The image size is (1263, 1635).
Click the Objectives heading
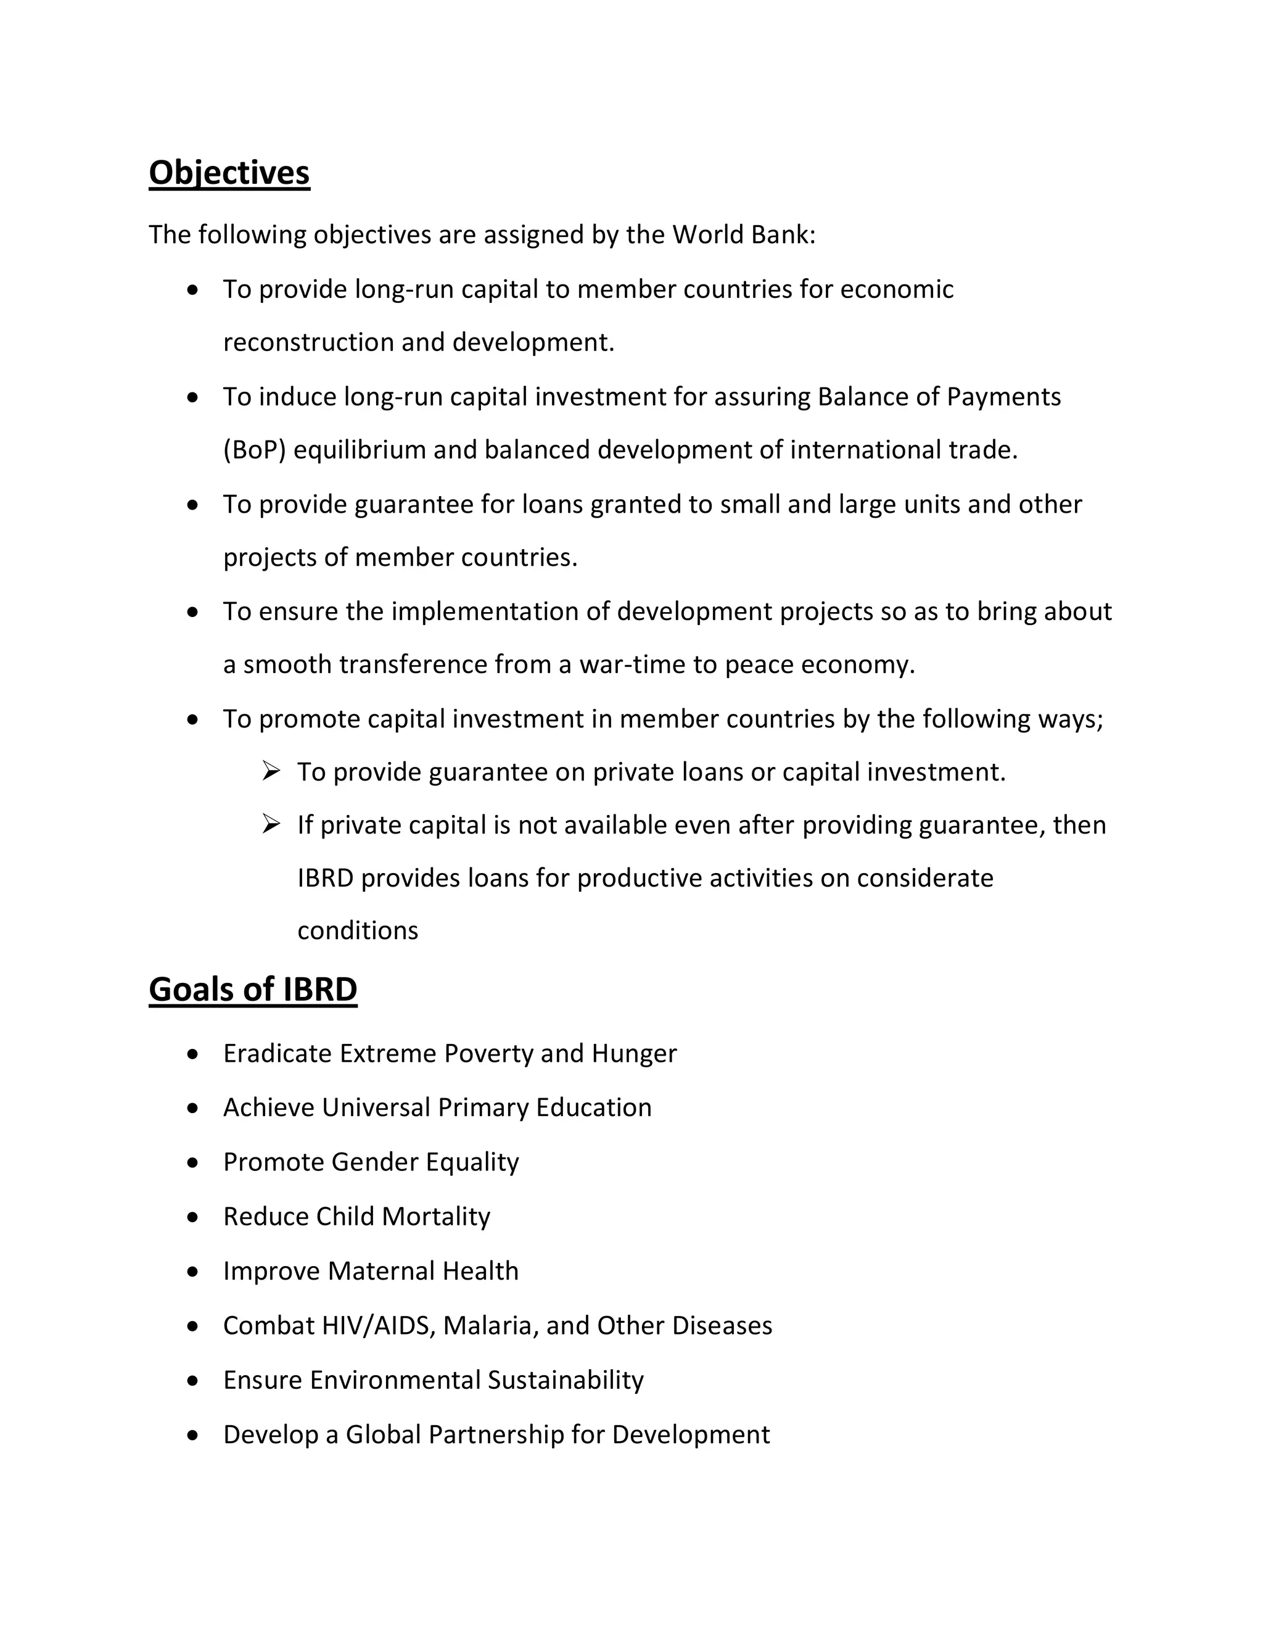229,173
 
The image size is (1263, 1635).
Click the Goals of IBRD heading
253,990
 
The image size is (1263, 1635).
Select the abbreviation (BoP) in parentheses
255,450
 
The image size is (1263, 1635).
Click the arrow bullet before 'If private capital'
271,824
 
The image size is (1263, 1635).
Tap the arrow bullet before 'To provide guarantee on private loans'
271,771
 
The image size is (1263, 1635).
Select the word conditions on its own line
358,930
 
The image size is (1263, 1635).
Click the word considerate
925,877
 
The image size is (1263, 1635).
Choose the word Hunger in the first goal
634,1053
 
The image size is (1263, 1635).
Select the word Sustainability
566,1380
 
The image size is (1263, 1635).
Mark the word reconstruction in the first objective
308,342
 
